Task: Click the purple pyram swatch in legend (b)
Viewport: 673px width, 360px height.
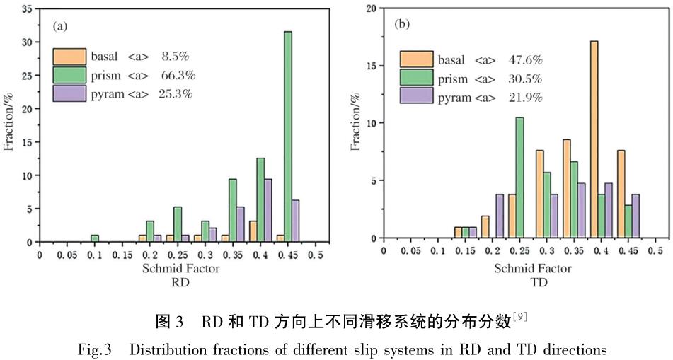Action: pos(416,96)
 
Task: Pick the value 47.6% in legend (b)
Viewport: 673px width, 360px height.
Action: pos(525,60)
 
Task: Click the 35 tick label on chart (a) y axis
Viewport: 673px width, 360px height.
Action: pos(25,9)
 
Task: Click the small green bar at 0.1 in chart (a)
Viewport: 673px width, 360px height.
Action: pos(94,238)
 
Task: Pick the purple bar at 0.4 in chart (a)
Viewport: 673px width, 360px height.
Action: pos(268,210)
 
